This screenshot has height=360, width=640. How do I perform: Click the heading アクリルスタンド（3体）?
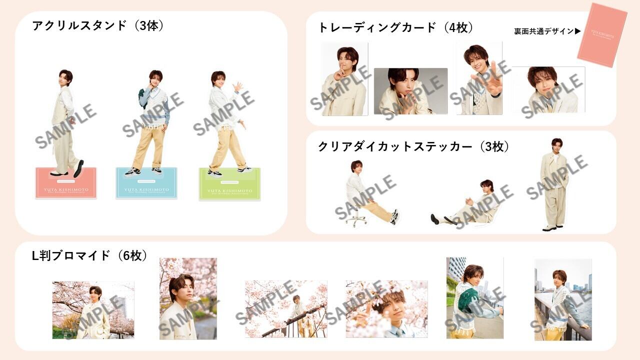point(98,26)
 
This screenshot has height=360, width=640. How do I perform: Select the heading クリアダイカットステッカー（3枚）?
point(413,147)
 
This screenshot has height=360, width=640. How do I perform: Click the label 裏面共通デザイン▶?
point(547,31)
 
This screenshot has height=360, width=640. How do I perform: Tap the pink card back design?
point(602,35)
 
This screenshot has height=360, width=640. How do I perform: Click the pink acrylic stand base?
point(66,183)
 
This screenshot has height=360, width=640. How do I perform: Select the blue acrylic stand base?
point(146,183)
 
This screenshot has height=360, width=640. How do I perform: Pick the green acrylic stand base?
point(229,184)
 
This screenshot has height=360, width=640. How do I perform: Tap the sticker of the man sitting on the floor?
point(465,205)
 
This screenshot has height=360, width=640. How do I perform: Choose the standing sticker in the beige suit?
point(553,185)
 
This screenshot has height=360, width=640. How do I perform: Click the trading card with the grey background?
point(410,91)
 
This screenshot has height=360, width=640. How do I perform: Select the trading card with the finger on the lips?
point(344,79)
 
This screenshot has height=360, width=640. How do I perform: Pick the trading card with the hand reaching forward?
point(479,78)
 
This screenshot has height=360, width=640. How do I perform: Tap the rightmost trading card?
point(548,89)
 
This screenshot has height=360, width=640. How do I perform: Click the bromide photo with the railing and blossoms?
point(286,309)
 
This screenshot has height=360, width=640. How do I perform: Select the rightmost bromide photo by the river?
point(563,299)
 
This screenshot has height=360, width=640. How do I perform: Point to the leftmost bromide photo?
point(93,310)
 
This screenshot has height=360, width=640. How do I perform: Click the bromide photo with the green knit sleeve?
point(474,298)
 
